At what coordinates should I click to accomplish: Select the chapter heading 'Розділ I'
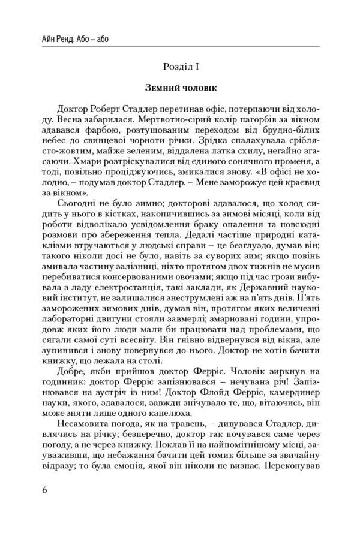179,65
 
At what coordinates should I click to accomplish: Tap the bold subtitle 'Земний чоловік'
179,88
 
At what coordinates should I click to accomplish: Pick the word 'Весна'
56,121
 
